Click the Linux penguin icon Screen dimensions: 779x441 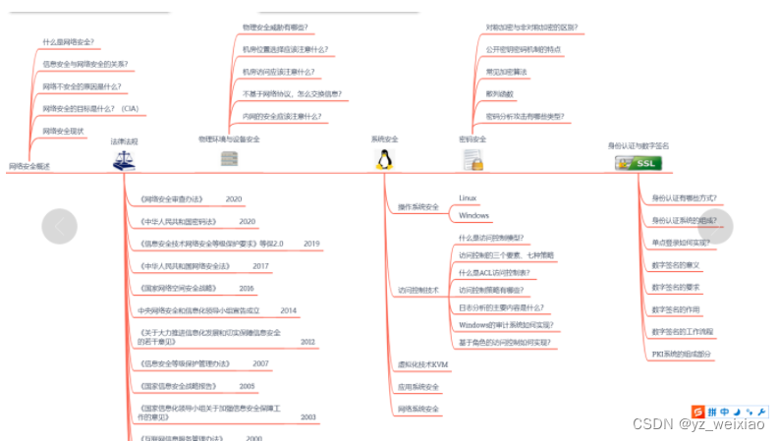point(385,160)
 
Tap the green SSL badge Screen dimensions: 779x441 point(638,163)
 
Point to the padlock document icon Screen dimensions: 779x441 point(472,161)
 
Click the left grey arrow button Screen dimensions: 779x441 point(59,227)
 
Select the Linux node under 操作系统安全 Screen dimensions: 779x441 point(468,197)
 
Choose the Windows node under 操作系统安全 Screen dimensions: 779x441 point(473,215)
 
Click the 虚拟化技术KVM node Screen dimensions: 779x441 point(423,363)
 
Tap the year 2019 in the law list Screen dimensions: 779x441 point(311,243)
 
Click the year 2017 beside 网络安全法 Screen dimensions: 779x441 point(260,265)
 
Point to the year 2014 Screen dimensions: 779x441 point(288,310)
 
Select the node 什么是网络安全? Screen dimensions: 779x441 point(69,42)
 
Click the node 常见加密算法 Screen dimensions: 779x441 point(506,71)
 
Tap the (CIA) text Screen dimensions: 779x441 point(130,108)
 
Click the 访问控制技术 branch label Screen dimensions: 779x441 point(417,291)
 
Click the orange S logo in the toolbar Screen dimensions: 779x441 point(699,411)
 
